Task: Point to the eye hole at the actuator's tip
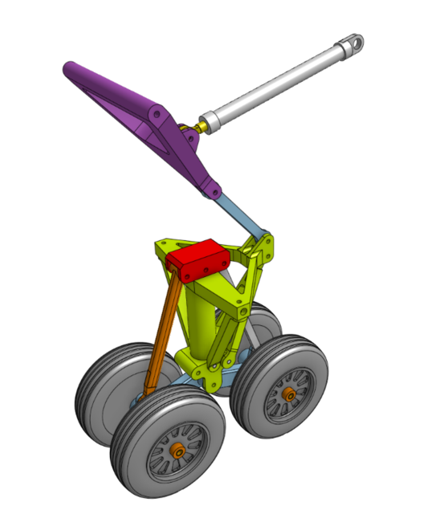(x=354, y=40)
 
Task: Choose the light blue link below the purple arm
(x=241, y=217)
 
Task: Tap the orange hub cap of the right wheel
(x=290, y=395)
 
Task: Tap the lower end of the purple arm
(x=214, y=191)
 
